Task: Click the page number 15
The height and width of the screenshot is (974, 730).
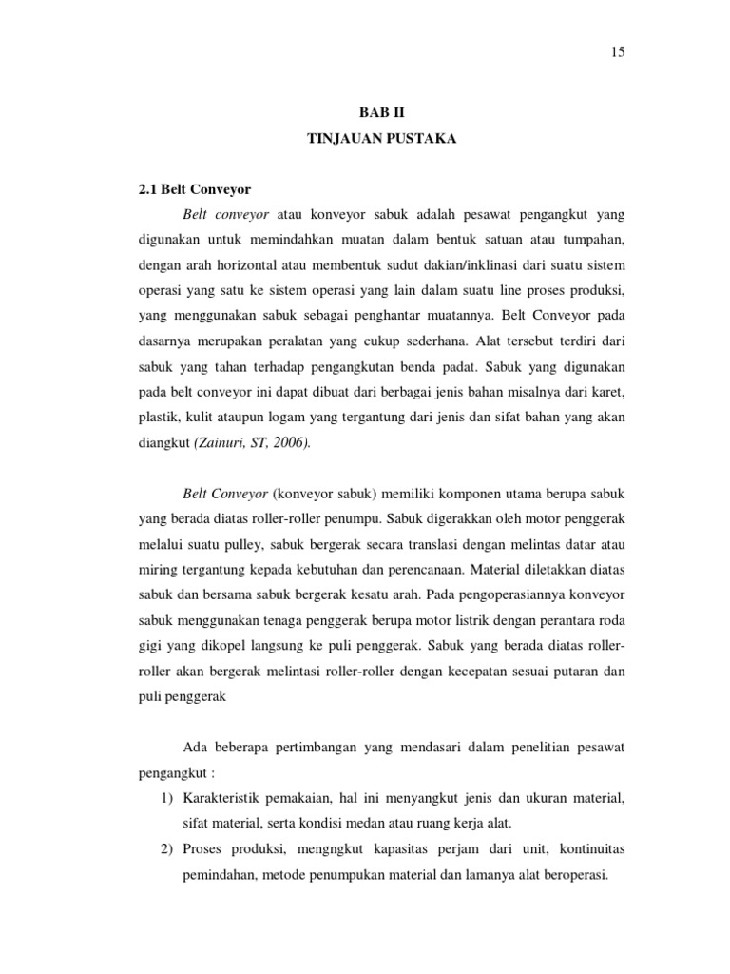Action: (x=618, y=52)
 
